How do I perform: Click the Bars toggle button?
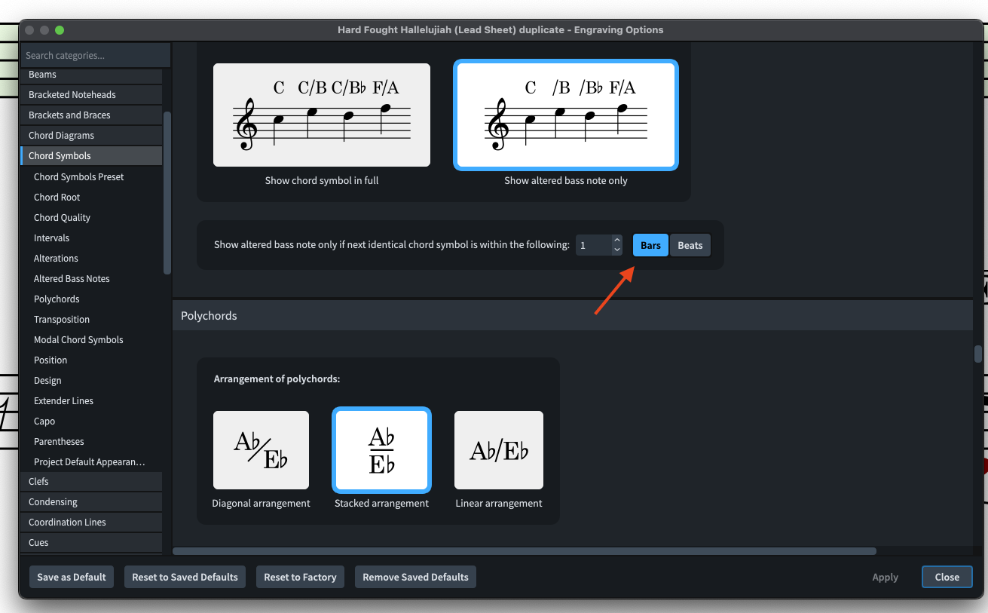pos(650,245)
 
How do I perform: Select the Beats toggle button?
pos(690,245)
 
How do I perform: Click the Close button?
pos(947,577)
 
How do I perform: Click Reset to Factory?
pos(300,577)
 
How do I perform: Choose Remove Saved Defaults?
pos(415,577)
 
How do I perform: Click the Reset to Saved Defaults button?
pos(185,577)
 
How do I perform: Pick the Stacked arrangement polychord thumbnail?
pos(381,449)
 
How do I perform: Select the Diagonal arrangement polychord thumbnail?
pos(261,449)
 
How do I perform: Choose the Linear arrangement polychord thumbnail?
pos(498,449)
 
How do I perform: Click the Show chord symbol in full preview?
pos(322,115)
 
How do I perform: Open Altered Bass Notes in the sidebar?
pos(72,278)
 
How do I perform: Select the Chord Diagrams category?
pos(61,135)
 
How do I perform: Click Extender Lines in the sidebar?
pos(63,400)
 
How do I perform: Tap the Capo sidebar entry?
pos(44,421)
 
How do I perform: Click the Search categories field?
pos(95,55)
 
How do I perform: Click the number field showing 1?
pos(594,245)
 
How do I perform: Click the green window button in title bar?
pos(60,30)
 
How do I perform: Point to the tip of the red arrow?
pos(635,267)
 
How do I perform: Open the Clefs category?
pos(38,482)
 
